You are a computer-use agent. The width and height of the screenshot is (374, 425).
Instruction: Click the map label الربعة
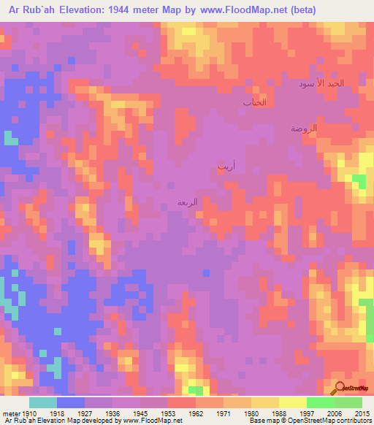(x=188, y=202)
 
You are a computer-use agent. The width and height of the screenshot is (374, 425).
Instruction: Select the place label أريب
(x=226, y=166)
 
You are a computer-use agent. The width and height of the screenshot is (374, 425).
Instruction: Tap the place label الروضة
(x=304, y=128)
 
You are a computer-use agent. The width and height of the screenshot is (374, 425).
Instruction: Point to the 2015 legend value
(x=362, y=413)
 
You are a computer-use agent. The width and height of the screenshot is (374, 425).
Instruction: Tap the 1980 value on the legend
(x=252, y=413)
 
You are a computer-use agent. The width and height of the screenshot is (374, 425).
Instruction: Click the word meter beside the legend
(x=10, y=413)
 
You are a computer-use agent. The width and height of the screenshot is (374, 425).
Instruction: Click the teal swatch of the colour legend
(x=43, y=402)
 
